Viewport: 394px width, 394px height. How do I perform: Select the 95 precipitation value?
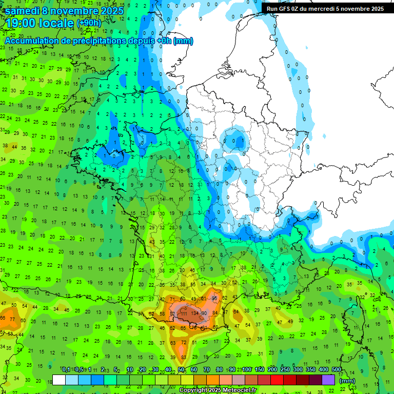214,298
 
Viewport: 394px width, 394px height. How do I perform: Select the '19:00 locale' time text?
40,23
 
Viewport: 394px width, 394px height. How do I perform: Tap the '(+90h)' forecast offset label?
89,23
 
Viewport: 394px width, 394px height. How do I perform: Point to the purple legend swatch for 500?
328,380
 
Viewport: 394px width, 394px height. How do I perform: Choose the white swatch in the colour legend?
59,380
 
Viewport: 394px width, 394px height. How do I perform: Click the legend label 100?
247,370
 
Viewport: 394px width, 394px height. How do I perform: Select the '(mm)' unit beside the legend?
347,381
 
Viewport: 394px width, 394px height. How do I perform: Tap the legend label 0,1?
66,370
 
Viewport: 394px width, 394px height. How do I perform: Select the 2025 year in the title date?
112,11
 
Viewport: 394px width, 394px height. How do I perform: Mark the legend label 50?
182,370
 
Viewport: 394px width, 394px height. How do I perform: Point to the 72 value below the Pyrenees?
184,342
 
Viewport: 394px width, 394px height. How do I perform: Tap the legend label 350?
311,370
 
